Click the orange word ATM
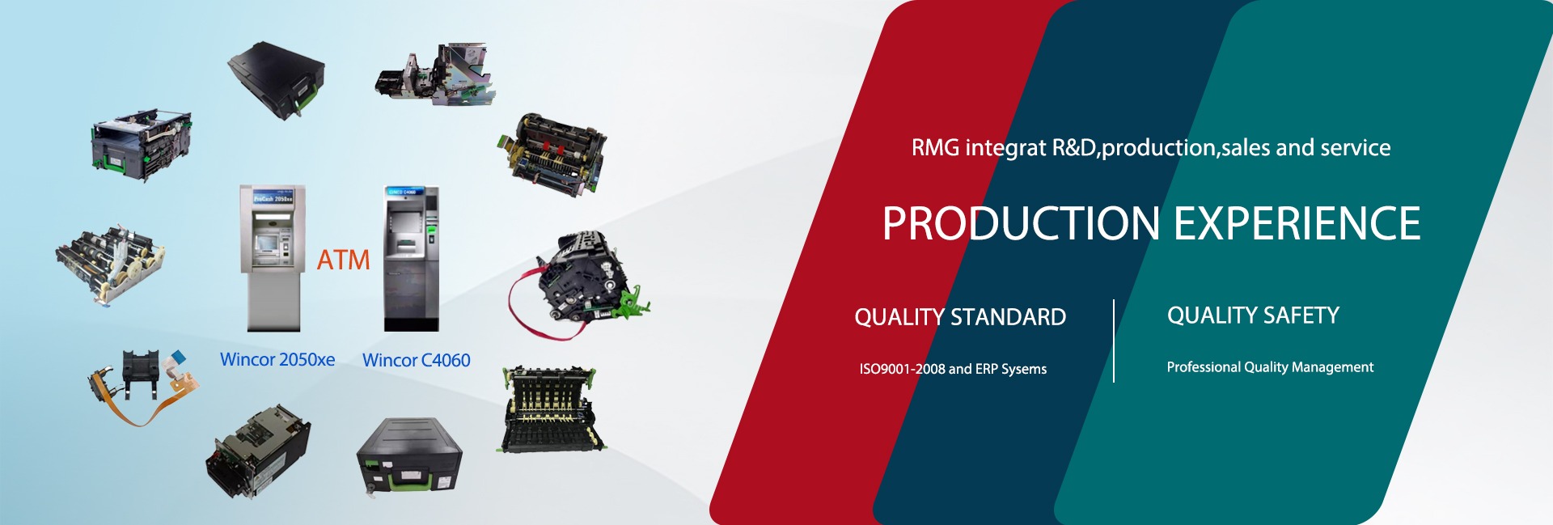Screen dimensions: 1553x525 (343, 260)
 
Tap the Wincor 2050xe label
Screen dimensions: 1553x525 (277, 360)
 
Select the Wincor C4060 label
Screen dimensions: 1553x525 (417, 361)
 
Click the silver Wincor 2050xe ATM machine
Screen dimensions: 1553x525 (273, 258)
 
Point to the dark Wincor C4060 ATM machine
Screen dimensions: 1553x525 (412, 259)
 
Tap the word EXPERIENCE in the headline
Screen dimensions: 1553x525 (1297, 223)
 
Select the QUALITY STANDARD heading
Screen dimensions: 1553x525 (960, 317)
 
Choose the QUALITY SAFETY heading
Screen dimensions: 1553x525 (1253, 315)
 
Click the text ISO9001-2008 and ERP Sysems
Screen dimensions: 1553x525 (953, 369)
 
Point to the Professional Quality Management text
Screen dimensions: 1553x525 (1270, 367)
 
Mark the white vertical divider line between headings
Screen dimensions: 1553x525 (1114, 341)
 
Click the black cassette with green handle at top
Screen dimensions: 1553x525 (277, 81)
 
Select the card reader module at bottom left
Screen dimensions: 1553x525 (258, 451)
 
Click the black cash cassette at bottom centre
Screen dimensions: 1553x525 (409, 456)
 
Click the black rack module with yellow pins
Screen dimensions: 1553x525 (552, 409)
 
